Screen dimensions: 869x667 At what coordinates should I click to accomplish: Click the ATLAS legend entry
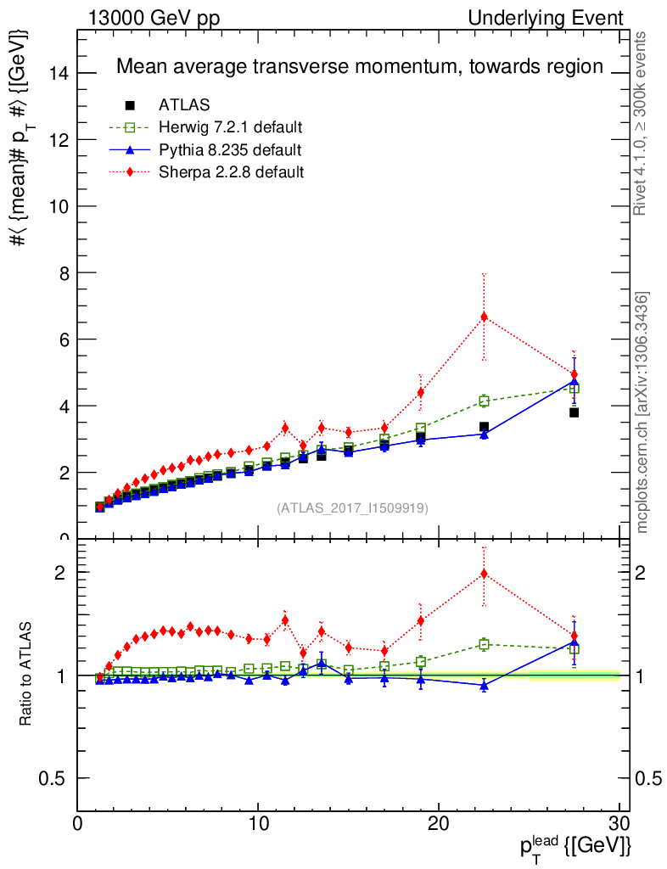pyautogui.click(x=184, y=105)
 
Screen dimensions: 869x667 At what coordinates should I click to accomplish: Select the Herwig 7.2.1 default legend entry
pyautogui.click(x=230, y=127)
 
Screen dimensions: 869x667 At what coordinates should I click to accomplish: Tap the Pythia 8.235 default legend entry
pyautogui.click(x=229, y=150)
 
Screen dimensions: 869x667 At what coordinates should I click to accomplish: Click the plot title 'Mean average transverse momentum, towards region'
pyautogui.click(x=359, y=66)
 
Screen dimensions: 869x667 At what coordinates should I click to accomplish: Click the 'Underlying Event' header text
pyautogui.click(x=561, y=19)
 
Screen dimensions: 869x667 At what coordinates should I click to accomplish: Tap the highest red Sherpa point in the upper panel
pyautogui.click(x=484, y=317)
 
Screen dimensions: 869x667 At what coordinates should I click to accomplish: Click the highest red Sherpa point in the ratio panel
pyautogui.click(x=484, y=574)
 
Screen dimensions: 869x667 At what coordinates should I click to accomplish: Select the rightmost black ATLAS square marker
pyautogui.click(x=575, y=412)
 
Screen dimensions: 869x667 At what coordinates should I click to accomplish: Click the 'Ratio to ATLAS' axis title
pyautogui.click(x=26, y=673)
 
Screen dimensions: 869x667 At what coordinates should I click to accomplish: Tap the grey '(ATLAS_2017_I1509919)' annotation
pyautogui.click(x=352, y=508)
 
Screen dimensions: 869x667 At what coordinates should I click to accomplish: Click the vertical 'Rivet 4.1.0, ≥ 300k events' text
pyautogui.click(x=642, y=123)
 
